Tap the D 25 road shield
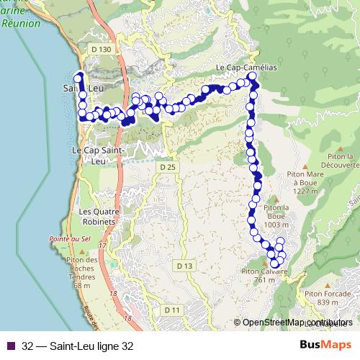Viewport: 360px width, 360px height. click(168, 167)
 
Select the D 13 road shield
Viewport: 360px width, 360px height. click(185, 266)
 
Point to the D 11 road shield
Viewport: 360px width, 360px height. click(172, 310)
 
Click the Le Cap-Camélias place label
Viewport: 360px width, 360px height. click(246, 68)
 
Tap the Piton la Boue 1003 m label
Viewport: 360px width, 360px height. click(276, 216)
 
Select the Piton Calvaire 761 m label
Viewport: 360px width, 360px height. click(264, 276)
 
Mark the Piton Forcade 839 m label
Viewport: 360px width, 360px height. click(323, 298)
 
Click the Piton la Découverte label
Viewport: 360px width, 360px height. click(335, 160)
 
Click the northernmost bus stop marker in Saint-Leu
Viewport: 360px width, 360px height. click(79, 75)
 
